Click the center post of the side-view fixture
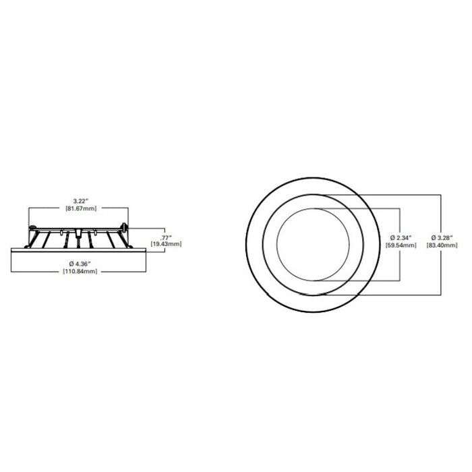click(80, 233)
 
